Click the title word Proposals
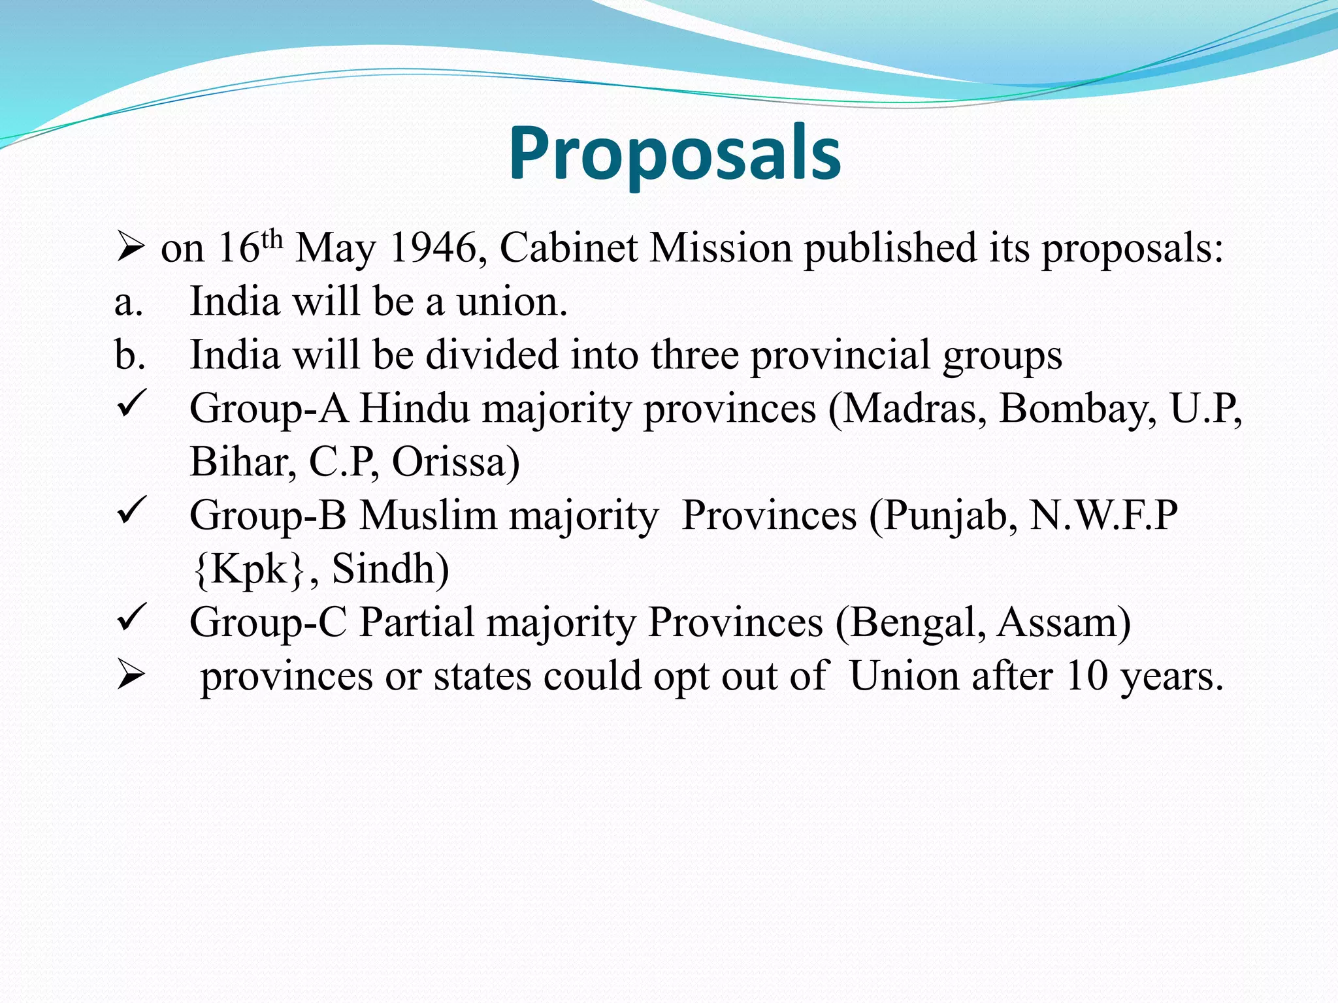click(675, 154)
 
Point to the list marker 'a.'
click(129, 303)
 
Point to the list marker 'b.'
click(129, 356)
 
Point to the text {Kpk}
click(249, 570)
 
